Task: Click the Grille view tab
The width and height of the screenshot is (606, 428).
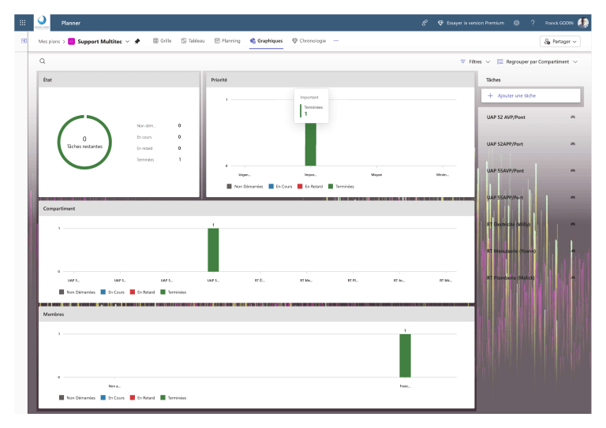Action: point(162,40)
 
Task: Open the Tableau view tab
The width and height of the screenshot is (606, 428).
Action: point(193,40)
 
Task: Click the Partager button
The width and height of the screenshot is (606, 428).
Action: point(560,41)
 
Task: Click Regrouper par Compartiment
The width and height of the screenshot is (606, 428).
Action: point(537,61)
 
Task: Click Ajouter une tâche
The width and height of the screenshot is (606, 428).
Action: point(531,95)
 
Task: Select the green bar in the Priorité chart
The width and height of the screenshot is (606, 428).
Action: point(310,143)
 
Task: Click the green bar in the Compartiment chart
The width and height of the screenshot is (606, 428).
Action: point(213,250)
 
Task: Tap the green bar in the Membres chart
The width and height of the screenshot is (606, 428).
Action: point(405,355)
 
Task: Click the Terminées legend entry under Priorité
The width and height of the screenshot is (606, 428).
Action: point(340,186)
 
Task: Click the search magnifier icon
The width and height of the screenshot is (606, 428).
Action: point(43,61)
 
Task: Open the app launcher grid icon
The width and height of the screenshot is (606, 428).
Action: point(22,23)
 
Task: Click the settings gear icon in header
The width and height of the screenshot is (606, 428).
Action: point(516,23)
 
